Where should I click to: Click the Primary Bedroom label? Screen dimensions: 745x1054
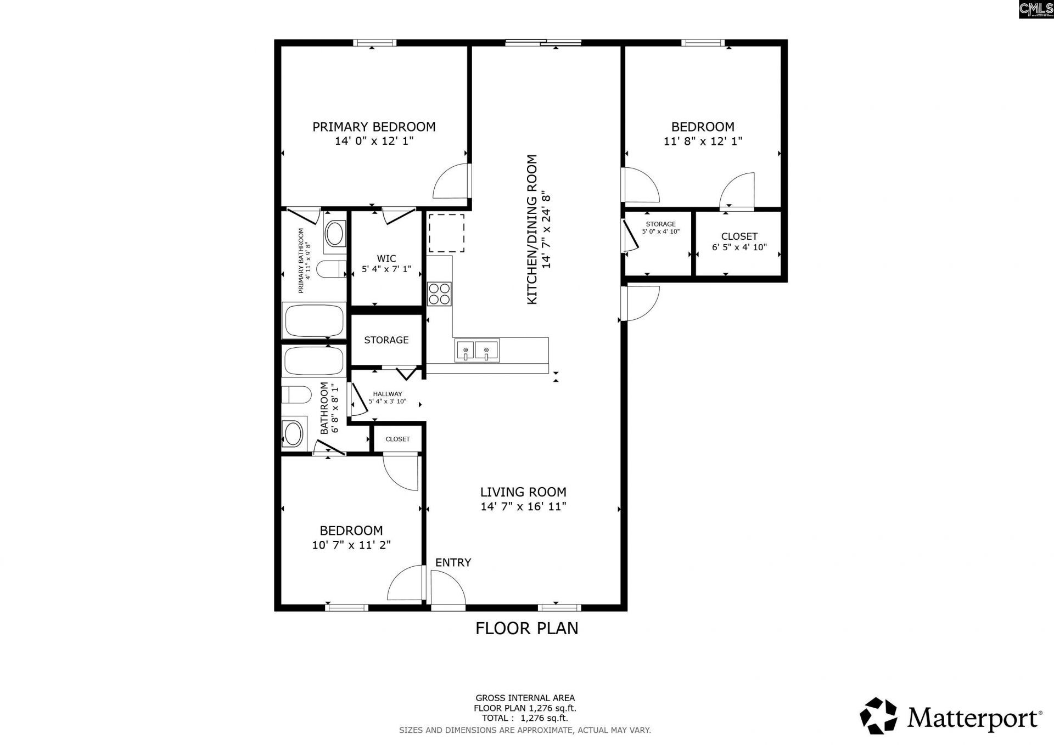tap(374, 127)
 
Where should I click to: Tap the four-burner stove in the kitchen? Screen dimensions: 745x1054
tap(439, 294)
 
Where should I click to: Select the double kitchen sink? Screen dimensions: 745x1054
tap(476, 351)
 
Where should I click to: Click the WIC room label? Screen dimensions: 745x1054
tap(386, 258)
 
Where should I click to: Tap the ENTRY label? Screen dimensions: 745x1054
tap(453, 562)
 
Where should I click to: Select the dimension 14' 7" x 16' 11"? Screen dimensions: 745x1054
tap(523, 506)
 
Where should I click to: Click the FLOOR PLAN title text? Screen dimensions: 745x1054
tap(526, 628)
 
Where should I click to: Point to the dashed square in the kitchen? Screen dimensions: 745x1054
tap(446, 233)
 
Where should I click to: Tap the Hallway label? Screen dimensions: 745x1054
tap(387, 394)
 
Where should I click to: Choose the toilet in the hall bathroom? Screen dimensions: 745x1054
tap(296, 394)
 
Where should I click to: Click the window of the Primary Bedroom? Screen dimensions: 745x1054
tap(374, 43)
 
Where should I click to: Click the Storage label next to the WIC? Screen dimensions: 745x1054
tap(386, 340)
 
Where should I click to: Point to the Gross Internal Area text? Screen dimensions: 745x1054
tap(525, 698)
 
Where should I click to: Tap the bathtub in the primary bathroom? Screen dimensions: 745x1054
tap(313, 320)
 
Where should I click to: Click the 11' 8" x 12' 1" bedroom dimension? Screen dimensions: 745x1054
tap(703, 141)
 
